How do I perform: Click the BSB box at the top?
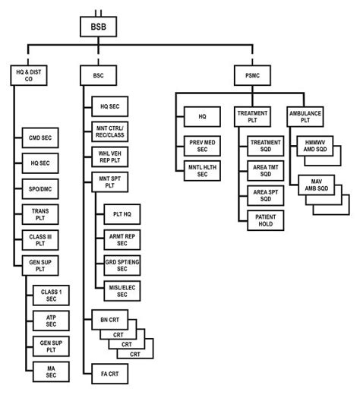(98, 27)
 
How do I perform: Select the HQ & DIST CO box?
(24, 75)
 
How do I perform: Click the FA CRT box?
(108, 374)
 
